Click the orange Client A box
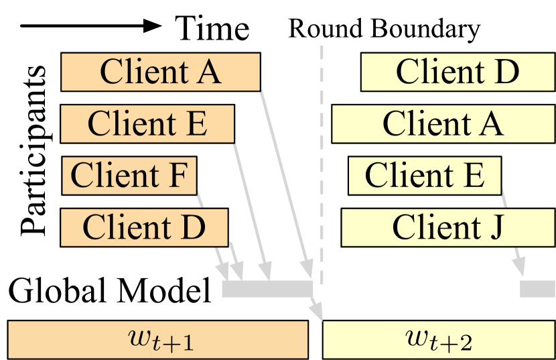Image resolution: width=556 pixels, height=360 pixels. coord(160,72)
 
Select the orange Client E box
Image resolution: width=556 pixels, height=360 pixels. coord(147,124)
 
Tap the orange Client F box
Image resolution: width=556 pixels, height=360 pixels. coord(129,176)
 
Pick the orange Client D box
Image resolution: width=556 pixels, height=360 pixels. coord(144,227)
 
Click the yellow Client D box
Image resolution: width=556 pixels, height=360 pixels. coord(458,72)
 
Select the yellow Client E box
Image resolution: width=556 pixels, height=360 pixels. coord(424,176)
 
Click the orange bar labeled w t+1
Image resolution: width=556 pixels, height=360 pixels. coord(157,340)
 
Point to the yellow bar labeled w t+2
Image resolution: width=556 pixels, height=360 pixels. coord(439,340)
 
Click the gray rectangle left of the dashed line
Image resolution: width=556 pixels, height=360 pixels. coord(267,289)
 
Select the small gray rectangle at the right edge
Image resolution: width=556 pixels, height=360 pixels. coord(537,289)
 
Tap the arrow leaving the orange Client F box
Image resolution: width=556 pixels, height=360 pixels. coord(211,235)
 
